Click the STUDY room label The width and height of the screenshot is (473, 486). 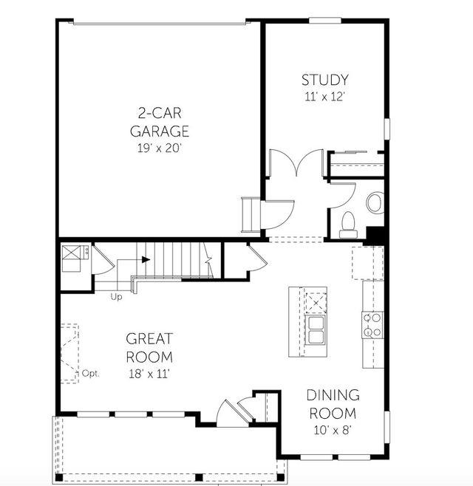324,80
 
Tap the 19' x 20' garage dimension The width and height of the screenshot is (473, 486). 159,148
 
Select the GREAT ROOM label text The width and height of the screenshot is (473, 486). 149,348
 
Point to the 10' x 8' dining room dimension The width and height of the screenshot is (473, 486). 332,430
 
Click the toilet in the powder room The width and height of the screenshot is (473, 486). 348,225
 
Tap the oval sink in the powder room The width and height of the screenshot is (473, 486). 375,202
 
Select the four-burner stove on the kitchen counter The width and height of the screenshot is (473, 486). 372,325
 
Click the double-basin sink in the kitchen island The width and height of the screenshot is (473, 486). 316,329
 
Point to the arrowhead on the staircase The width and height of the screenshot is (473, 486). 146,259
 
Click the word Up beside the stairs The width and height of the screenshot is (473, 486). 116,297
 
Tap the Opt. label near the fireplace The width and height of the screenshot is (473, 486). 91,374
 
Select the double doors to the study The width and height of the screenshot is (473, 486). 296,163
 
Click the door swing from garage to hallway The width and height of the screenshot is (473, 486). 277,215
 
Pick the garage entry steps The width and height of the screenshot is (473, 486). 251,214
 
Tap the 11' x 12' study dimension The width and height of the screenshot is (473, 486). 324,97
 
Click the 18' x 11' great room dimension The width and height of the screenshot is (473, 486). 149,374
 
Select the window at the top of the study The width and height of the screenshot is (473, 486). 325,21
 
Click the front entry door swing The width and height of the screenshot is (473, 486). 233,413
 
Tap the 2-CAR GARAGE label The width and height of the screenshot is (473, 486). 160,122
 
